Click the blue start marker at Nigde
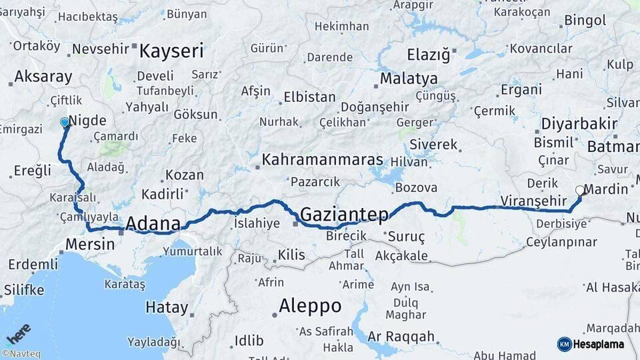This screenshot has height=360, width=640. pos(65,123)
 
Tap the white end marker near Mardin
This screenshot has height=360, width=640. pos(580,190)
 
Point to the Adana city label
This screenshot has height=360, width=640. pos(153,223)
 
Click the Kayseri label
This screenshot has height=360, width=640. pos(171,51)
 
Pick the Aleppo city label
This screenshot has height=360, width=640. pos(310,306)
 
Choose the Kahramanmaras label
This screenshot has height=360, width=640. pos(322,160)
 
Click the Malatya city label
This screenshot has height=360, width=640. pos(409,79)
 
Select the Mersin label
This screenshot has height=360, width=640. pos(90,244)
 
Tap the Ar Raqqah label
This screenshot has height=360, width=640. pos(401,336)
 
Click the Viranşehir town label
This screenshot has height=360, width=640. pos(531,201)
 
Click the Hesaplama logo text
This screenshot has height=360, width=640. pos(598,344)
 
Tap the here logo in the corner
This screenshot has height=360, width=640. pos(19,333)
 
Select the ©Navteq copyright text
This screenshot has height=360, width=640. pos(21,354)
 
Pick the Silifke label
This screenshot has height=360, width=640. pos(24,290)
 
